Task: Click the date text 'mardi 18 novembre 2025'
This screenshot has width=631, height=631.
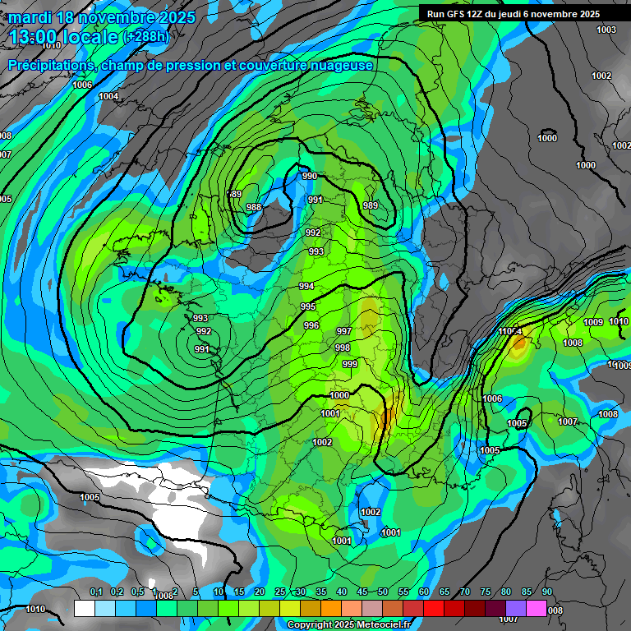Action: (x=102, y=17)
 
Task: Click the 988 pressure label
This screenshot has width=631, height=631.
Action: (x=254, y=207)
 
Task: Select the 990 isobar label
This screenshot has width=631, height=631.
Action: (x=310, y=176)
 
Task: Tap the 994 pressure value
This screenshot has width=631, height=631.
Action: (x=306, y=286)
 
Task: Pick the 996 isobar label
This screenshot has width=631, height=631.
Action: (x=311, y=325)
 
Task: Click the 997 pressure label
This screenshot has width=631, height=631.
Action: (x=344, y=331)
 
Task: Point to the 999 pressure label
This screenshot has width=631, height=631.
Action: (x=349, y=363)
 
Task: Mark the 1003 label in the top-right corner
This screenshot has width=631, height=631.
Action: (x=606, y=30)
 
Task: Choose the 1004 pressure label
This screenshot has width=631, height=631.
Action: (x=108, y=96)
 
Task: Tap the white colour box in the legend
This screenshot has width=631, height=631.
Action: (x=84, y=609)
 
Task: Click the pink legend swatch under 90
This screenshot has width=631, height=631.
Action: (x=537, y=609)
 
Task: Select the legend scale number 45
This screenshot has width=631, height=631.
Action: (x=362, y=592)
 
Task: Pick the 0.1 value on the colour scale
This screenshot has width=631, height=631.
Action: (x=96, y=592)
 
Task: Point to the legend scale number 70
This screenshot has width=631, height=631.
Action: (x=465, y=592)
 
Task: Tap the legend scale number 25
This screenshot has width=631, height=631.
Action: (x=280, y=592)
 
